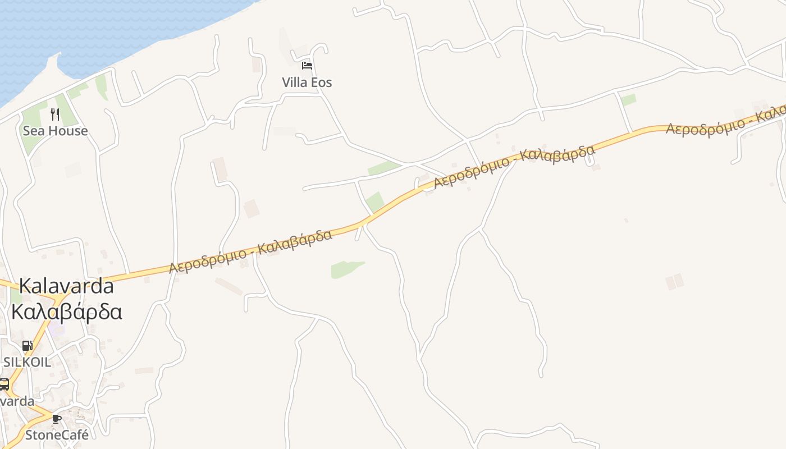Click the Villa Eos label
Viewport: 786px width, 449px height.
click(x=307, y=83)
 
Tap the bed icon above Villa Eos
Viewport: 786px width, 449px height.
click(x=307, y=66)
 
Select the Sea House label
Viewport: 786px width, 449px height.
click(x=55, y=131)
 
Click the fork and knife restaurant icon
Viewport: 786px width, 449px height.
click(x=55, y=114)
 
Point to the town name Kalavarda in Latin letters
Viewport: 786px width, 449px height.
click(x=66, y=286)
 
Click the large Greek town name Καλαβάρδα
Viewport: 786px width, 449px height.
click(x=66, y=311)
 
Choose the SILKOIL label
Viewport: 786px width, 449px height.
click(x=27, y=362)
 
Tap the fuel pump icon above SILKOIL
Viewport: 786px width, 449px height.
click(x=27, y=346)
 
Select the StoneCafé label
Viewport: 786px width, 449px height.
click(x=57, y=435)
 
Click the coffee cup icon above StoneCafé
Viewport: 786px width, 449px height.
click(x=57, y=419)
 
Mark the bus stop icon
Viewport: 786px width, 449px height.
click(x=4, y=384)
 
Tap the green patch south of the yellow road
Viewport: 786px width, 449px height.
click(x=346, y=269)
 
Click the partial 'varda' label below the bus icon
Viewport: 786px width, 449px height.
click(x=17, y=402)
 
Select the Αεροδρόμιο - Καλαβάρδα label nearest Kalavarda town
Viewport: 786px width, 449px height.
click(x=250, y=251)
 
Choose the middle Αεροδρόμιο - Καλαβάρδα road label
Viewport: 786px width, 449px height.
click(x=514, y=167)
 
